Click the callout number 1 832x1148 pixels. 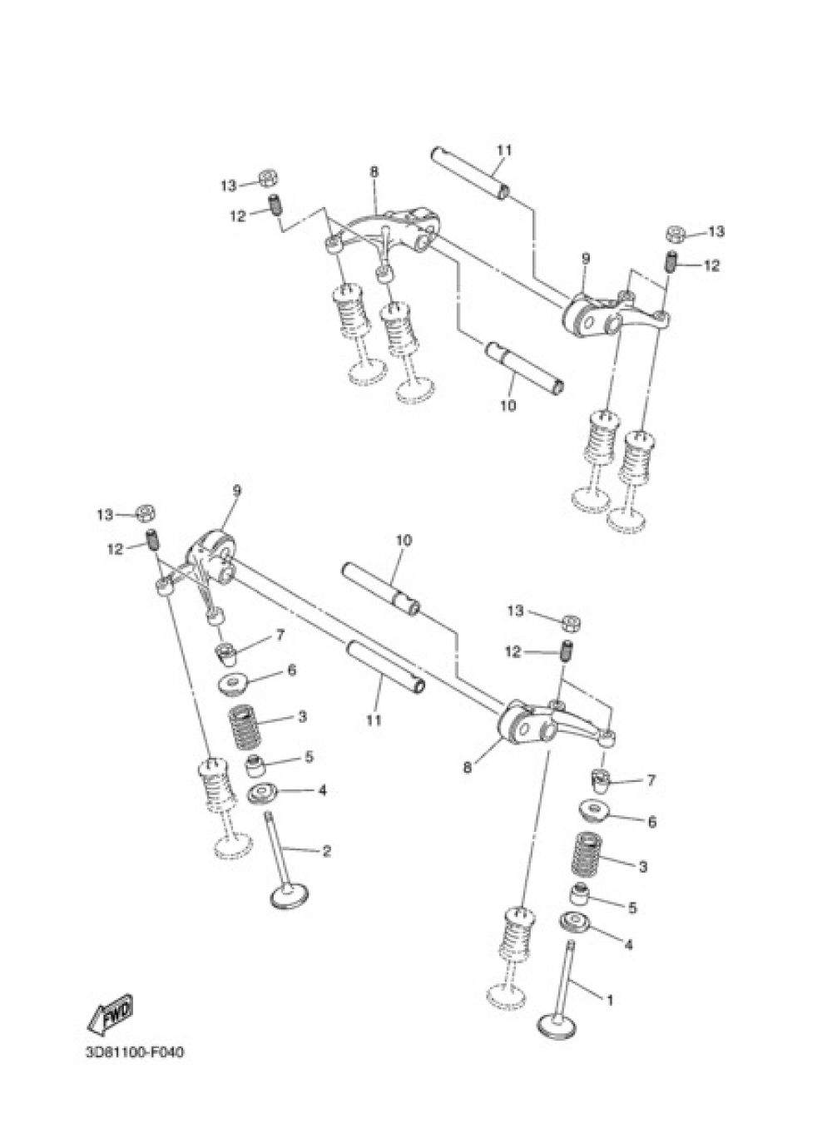[610, 1000]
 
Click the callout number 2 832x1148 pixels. [326, 851]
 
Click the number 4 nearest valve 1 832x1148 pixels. [628, 944]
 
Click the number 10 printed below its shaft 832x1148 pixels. [508, 406]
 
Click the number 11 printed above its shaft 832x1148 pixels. [504, 151]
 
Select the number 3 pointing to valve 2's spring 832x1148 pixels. [303, 716]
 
